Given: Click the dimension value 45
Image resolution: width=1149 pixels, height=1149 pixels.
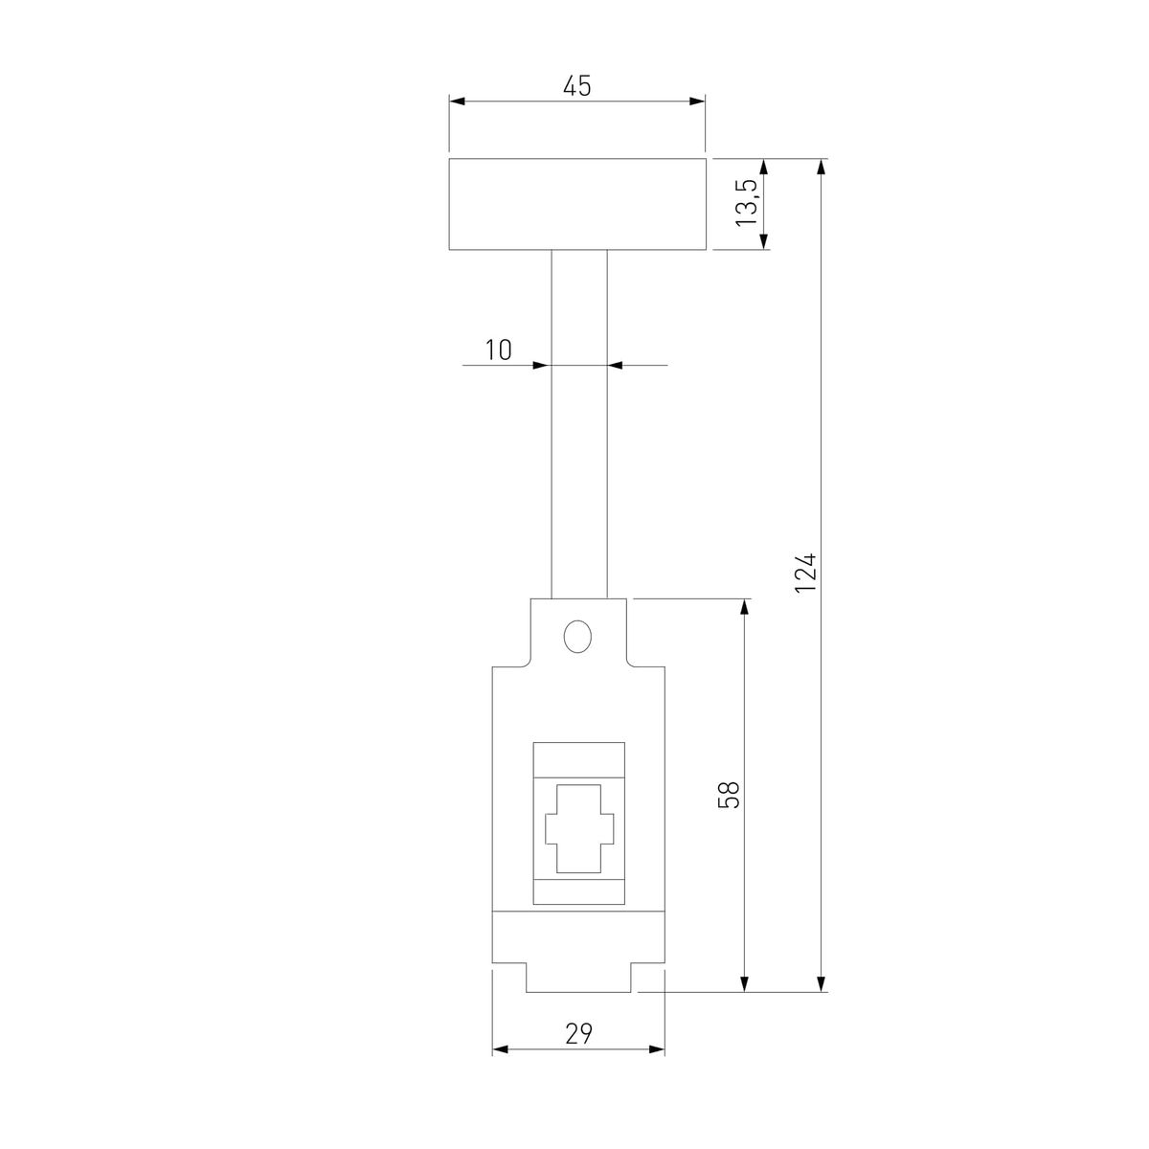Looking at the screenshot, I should pyautogui.click(x=576, y=86).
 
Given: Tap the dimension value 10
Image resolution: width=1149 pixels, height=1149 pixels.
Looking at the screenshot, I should pyautogui.click(x=498, y=349).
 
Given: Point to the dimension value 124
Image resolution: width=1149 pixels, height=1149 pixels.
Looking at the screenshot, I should pyautogui.click(x=805, y=572).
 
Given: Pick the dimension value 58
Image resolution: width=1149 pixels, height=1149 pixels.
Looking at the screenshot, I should pyautogui.click(x=730, y=795).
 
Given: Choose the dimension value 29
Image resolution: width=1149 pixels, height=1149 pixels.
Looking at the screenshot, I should pyautogui.click(x=578, y=1033).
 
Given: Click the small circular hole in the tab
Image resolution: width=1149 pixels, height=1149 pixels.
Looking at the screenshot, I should pyautogui.click(x=577, y=636).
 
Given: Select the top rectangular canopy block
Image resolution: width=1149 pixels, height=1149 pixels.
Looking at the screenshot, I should pyautogui.click(x=577, y=204).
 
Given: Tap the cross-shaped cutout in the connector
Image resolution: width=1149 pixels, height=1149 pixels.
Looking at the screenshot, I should pyautogui.click(x=578, y=828).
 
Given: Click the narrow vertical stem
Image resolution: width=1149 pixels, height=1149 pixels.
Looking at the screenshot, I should pyautogui.click(x=578, y=421).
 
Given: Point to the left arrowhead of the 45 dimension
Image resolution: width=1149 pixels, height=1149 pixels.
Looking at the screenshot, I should pyautogui.click(x=457, y=101).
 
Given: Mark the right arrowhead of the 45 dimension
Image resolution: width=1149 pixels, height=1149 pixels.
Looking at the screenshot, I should pyautogui.click(x=698, y=101).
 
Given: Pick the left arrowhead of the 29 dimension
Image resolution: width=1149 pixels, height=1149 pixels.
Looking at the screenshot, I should pyautogui.click(x=499, y=1050).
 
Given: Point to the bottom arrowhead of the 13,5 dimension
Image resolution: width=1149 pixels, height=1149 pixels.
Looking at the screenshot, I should pyautogui.click(x=764, y=242).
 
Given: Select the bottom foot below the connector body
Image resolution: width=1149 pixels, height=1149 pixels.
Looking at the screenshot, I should pyautogui.click(x=578, y=978).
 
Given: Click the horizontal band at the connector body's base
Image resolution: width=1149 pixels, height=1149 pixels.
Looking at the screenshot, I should pyautogui.click(x=578, y=937).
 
